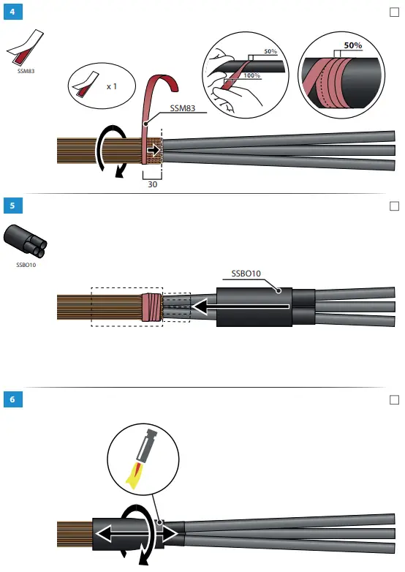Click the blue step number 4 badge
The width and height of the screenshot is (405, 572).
[11, 11]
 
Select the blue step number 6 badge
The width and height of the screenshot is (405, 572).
[11, 399]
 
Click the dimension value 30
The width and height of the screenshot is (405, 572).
[152, 185]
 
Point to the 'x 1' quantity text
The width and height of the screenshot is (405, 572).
[112, 86]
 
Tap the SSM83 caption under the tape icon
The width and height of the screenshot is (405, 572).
[26, 71]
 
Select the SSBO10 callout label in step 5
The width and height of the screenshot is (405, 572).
[246, 274]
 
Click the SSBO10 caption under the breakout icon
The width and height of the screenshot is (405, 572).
[26, 265]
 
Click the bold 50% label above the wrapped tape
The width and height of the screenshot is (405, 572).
[353, 45]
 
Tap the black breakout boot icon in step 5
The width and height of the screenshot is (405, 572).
[26, 241]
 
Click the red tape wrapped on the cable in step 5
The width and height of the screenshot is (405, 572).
[151, 308]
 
